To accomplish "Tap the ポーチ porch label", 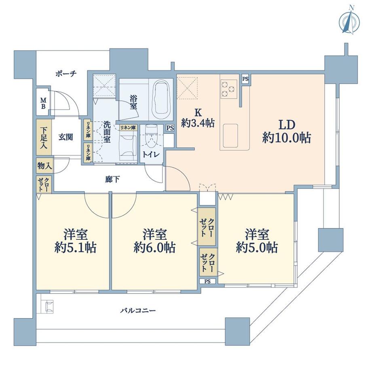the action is tap(66, 74).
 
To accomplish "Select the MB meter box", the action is tap(43, 103).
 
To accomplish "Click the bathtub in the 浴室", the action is tap(161, 98).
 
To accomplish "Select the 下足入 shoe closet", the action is tap(43, 137).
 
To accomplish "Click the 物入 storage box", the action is tap(43, 166).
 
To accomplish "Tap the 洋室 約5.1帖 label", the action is tap(75, 241).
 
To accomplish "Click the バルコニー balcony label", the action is tap(138, 311).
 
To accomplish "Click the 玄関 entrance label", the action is tap(65, 137).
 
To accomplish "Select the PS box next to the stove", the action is tap(245, 79).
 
